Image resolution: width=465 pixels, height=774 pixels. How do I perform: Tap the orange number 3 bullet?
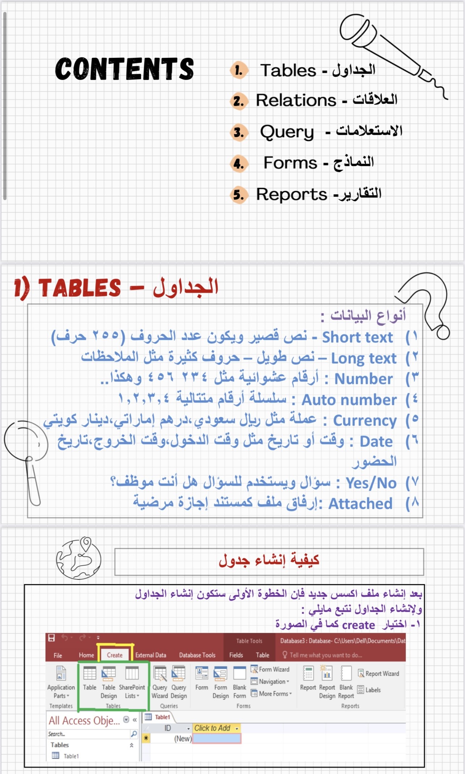pos(239,132)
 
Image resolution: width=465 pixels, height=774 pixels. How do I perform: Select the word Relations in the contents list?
pos(296,100)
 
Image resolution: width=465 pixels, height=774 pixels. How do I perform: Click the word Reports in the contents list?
pos(292,194)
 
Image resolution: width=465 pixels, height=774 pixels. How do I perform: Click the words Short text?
pos(357,337)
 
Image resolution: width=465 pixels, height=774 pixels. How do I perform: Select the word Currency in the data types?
pos(364,420)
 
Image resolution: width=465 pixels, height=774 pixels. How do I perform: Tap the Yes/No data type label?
pos(371,483)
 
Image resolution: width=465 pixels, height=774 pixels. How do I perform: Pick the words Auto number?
pos(349,400)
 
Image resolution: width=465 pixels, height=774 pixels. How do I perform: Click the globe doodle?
pos(79,558)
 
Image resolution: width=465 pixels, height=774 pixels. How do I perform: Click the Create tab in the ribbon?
pos(115,655)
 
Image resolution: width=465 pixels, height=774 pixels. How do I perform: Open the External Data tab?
pos(151,655)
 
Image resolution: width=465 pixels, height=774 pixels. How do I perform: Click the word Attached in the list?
pos(360,504)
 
